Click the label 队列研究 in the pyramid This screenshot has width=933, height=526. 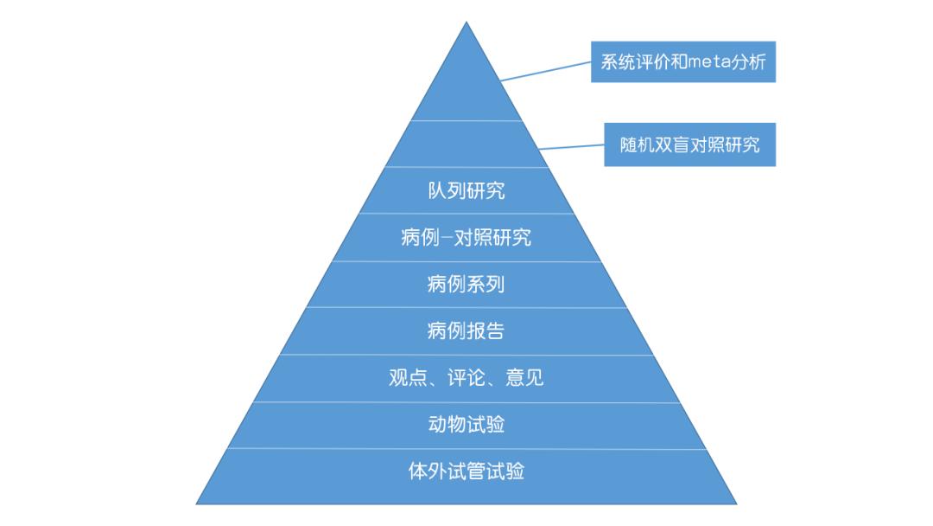coord(466,190)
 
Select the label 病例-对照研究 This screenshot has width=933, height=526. coord(466,237)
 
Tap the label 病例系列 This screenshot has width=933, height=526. coord(466,284)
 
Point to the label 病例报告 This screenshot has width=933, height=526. coord(466,330)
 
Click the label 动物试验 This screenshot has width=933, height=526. coord(466,424)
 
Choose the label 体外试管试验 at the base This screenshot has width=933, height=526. coord(466,471)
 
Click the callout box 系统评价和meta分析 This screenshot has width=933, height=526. coord(683,62)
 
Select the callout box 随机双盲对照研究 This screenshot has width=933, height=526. coord(689,144)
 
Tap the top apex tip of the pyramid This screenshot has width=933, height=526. coord(466,23)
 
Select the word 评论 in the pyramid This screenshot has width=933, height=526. coord(466,378)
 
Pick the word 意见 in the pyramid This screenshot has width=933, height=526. coord(525,378)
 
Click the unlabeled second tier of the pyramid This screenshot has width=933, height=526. coord(466,144)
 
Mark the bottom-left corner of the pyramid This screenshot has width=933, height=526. coord(198,503)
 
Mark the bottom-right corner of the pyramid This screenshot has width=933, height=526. coord(736,503)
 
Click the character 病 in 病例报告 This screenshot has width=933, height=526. coord(437,330)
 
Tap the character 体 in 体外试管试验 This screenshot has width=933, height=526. coord(418,471)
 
